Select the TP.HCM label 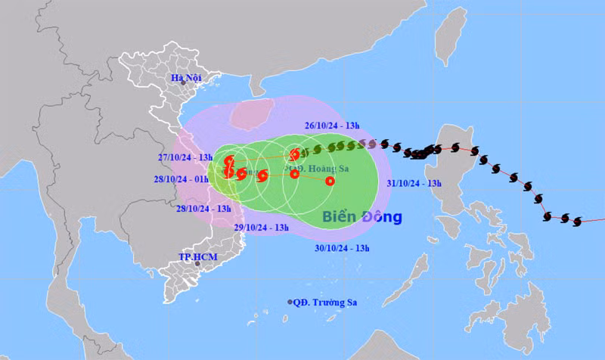point(192,256)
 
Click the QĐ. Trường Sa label point(325,303)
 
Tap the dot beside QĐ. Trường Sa point(290,303)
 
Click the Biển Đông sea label point(361,217)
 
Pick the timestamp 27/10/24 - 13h point(184,157)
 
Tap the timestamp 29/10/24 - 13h point(262,226)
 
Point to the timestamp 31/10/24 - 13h point(414,182)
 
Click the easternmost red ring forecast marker point(330,181)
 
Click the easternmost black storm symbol point(579,221)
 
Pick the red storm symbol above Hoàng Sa point(294,154)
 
